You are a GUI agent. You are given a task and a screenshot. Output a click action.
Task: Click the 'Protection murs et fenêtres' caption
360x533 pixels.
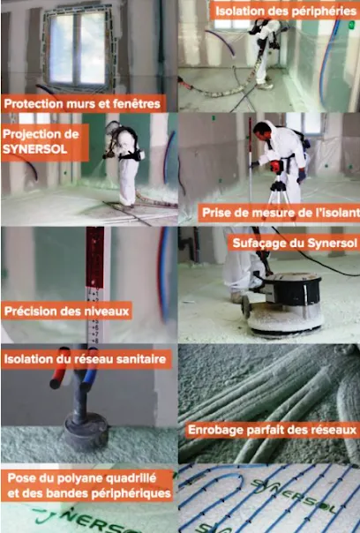83,103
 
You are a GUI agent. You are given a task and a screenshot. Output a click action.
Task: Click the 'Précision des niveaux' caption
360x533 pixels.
67,311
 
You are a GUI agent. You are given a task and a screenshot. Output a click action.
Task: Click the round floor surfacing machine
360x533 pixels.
285,305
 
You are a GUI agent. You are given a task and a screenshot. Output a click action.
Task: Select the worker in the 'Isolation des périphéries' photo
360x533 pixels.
266,53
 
